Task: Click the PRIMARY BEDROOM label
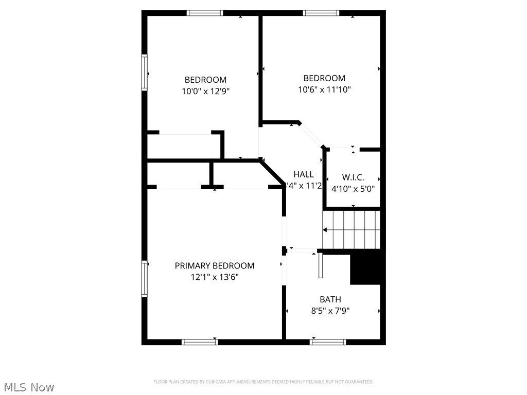214,266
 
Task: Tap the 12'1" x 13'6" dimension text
214,277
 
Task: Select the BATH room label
330,299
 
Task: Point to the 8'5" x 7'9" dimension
330,311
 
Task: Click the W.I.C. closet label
353,177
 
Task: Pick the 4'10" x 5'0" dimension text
353,189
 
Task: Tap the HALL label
304,174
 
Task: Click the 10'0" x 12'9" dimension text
205,91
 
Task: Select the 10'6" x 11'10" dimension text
324,89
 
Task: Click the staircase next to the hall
352,229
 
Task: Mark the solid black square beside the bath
367,267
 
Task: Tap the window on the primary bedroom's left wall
145,279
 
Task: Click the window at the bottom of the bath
328,342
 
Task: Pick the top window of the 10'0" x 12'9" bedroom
205,13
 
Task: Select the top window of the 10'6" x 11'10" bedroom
321,13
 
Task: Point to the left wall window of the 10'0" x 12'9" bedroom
145,73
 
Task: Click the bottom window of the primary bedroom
200,342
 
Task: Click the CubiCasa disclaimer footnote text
263,382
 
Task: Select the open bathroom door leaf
321,265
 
